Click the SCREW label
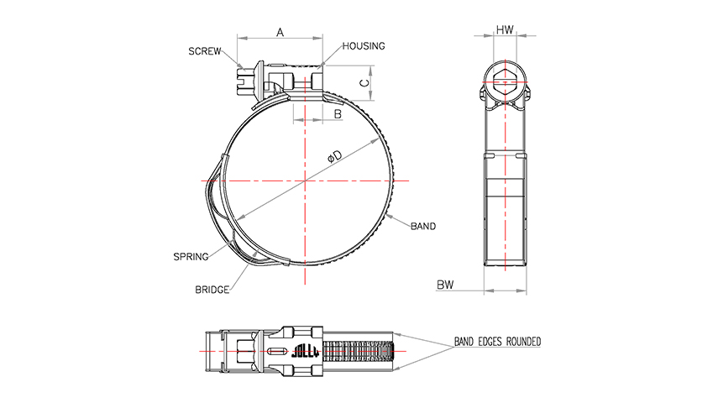pos(205,51)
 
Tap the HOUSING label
pos(364,46)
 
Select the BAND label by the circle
pos(423,226)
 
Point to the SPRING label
pos(191,257)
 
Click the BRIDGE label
pos(212,290)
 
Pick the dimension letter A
pos(280,33)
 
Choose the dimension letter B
pos(338,114)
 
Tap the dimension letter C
pos(364,83)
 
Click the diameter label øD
pos(335,157)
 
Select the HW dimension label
pos(505,30)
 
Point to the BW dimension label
pos(444,285)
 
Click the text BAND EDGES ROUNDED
pos(497,342)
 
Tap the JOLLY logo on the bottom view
pos(305,351)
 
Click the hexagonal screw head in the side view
pos(505,82)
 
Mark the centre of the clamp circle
pos(305,181)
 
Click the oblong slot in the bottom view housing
pos(276,351)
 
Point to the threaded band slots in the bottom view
pos(358,351)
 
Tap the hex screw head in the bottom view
pos(245,351)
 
